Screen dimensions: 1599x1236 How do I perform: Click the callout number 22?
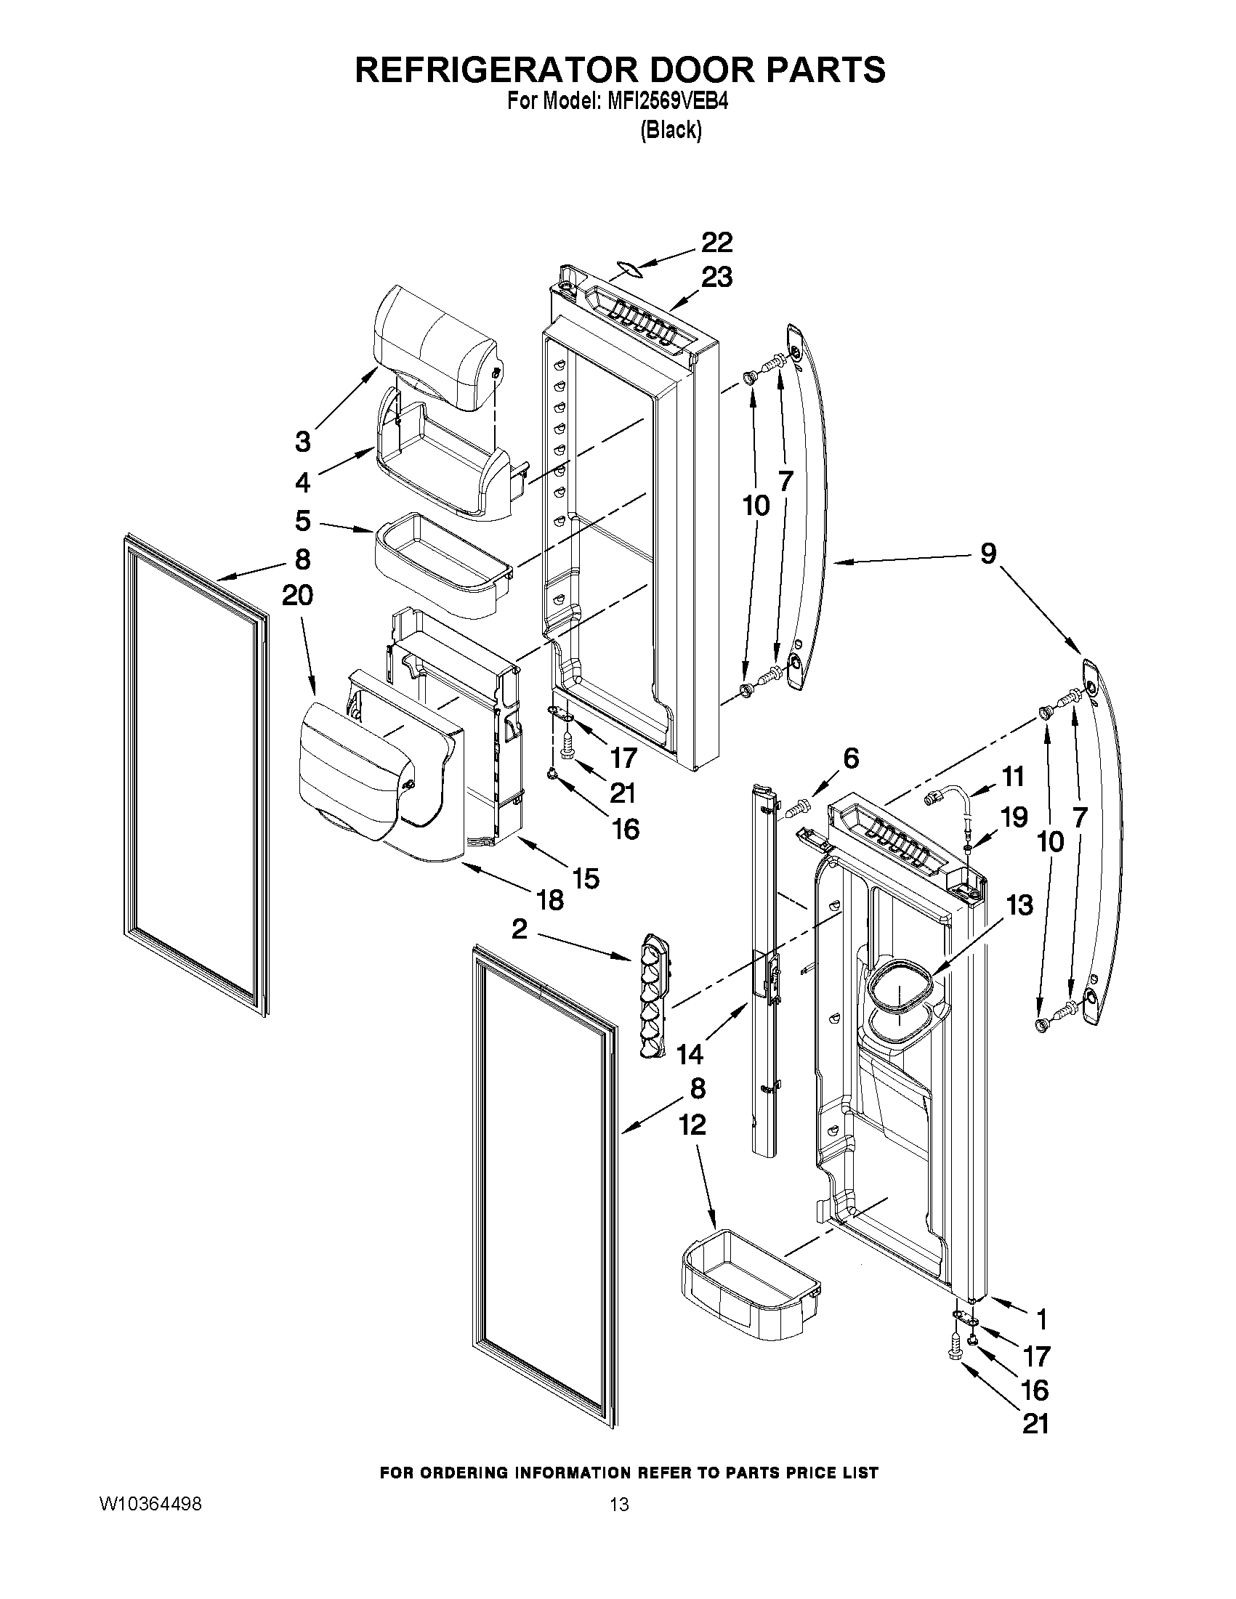717,243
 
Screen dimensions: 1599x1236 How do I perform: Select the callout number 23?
717,278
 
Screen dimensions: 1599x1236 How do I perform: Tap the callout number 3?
302,442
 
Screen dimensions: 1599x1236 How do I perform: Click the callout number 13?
1019,905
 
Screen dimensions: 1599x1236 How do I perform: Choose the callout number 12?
692,1125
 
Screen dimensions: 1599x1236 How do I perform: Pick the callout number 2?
519,930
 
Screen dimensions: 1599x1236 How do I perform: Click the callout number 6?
851,758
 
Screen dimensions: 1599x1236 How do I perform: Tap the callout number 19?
1015,817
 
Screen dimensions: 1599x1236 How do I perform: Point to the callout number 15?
586,878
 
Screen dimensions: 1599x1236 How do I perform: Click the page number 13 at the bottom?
619,1505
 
